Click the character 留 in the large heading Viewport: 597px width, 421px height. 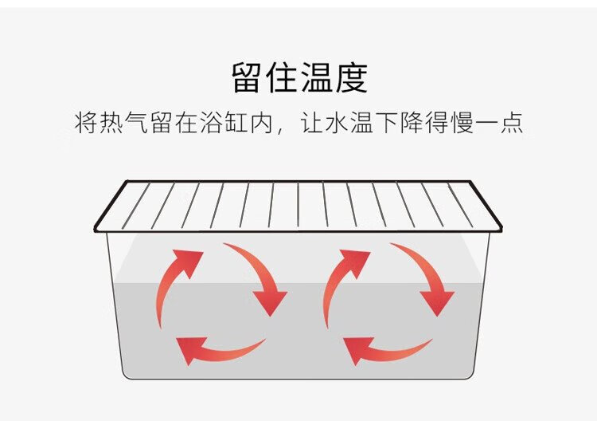pyautogui.click(x=247, y=77)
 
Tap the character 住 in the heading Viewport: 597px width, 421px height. pyautogui.click(x=282, y=77)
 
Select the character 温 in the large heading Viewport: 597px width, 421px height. pyautogui.click(x=316, y=77)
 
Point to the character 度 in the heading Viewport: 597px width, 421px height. pyautogui.click(x=350, y=77)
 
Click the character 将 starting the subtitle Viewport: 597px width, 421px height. pyautogui.click(x=86, y=124)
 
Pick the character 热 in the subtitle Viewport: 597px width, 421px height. pyautogui.click(x=111, y=124)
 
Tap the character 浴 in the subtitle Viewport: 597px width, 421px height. pyautogui.click(x=212, y=124)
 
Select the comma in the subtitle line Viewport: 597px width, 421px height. pyautogui.click(x=283, y=131)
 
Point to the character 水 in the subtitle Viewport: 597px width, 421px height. pyautogui.click(x=335, y=124)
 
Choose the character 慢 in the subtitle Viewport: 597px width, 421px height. pyautogui.click(x=461, y=124)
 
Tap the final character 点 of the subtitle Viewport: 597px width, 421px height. pyautogui.click(x=511, y=124)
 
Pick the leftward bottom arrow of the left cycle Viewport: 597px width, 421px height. pyautogui.click(x=215, y=348)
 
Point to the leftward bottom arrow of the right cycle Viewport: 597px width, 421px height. pyautogui.click(x=382, y=348)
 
